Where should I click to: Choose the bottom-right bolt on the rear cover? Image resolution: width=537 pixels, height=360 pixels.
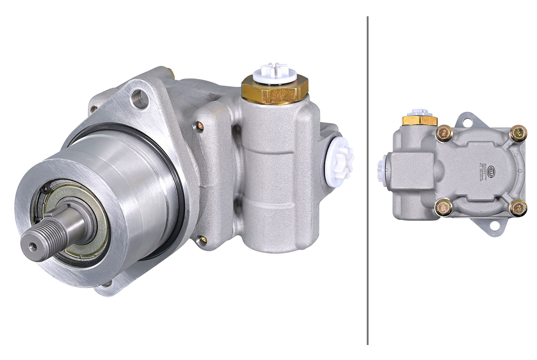click(519, 208)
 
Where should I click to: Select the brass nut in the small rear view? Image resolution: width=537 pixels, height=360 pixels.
click(419, 120)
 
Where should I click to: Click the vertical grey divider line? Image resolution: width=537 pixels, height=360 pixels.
click(367, 180)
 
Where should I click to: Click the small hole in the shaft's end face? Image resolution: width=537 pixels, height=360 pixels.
click(33, 245)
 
